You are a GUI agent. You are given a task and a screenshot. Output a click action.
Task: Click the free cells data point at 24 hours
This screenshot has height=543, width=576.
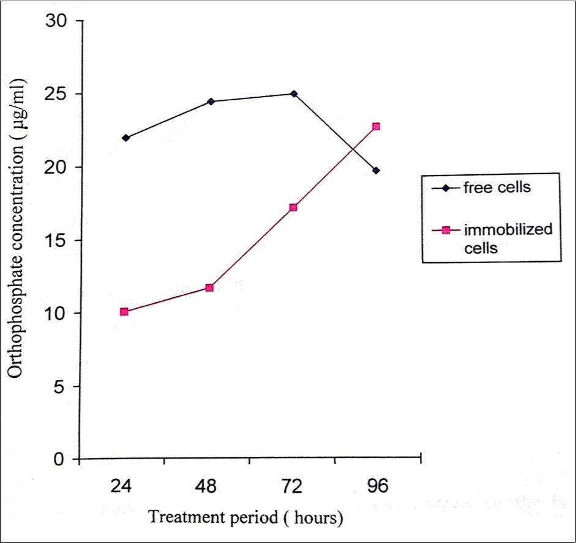pos(125,138)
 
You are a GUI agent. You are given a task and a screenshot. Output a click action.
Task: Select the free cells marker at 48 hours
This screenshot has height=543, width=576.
pos(211,102)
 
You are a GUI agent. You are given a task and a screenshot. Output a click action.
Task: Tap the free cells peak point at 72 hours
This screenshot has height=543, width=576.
pos(294,94)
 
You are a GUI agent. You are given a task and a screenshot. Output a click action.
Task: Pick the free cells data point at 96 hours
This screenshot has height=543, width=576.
pos(376,171)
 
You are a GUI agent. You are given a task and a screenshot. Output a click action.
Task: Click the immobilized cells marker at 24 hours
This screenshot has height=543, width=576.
pos(124,312)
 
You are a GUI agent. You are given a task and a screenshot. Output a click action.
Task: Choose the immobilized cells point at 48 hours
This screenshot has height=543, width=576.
pos(209,287)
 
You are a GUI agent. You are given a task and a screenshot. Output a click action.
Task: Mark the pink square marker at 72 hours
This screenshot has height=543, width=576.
pos(293,208)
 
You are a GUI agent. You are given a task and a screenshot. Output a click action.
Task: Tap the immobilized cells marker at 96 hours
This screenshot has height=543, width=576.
pos(376,127)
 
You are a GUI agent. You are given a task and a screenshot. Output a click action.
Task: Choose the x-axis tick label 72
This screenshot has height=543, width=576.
pos(293,487)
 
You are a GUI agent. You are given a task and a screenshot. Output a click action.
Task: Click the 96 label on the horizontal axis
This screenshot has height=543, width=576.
pos(377,487)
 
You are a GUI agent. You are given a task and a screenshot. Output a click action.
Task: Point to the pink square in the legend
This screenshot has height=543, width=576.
pos(446,230)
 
